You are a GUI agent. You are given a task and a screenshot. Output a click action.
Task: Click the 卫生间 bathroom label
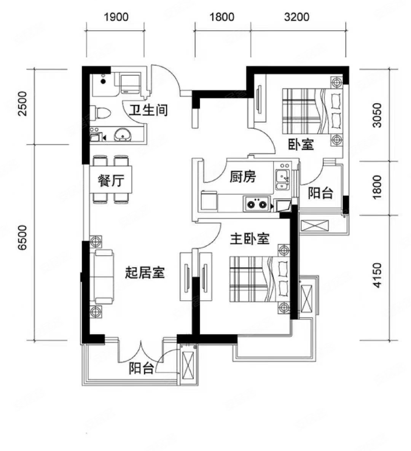click(x=148, y=110)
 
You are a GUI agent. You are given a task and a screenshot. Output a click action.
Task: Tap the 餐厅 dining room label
click(x=111, y=181)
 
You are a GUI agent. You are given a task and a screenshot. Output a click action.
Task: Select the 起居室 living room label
click(x=145, y=273)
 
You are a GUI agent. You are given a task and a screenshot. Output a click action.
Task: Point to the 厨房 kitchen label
click(x=243, y=177)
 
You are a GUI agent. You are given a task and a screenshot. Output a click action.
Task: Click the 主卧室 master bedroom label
click(x=249, y=239)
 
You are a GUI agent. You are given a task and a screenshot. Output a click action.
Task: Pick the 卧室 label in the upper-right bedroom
click(x=301, y=144)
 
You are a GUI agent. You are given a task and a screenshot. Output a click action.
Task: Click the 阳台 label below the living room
click(x=141, y=368)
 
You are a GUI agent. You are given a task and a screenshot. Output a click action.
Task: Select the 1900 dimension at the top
click(x=116, y=17)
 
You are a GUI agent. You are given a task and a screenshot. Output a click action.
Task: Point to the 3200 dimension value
click(x=297, y=17)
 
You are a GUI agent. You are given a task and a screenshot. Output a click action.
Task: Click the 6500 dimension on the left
click(x=22, y=237)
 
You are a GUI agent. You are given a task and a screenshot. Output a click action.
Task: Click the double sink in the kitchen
click(x=283, y=180)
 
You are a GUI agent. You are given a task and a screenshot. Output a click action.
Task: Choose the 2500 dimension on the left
click(x=22, y=104)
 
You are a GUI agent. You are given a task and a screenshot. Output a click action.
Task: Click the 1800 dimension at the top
click(x=222, y=17)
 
